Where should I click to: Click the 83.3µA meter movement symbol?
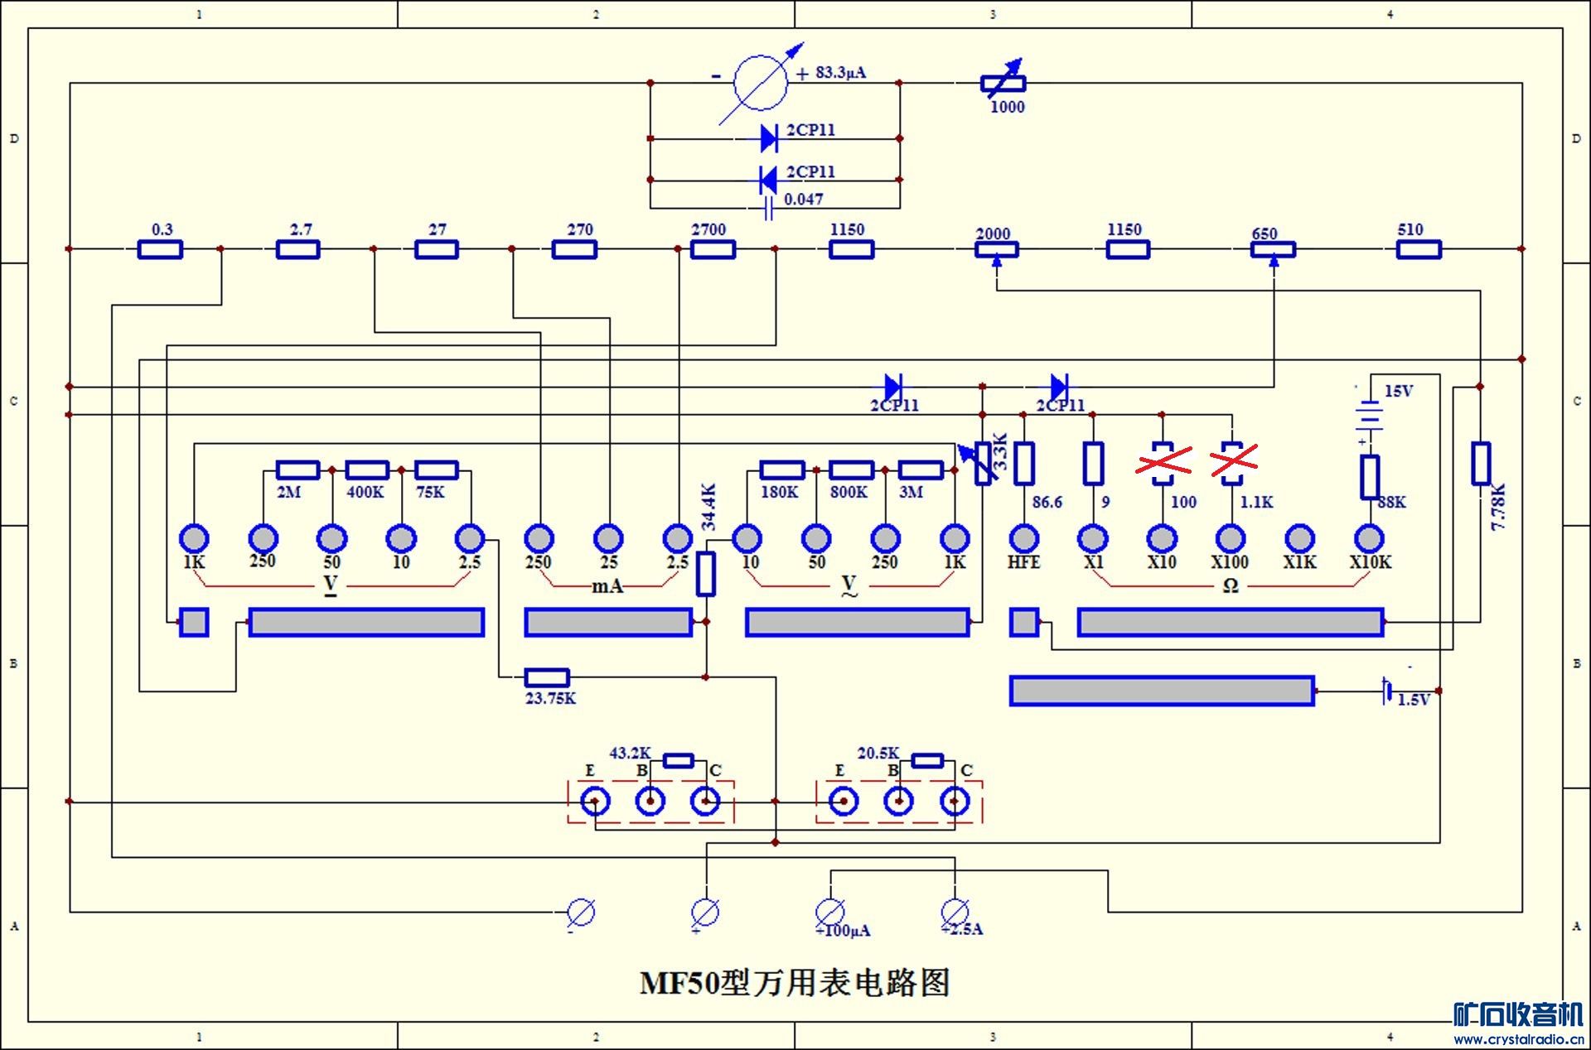click(x=761, y=83)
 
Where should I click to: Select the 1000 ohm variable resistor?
click(x=1003, y=83)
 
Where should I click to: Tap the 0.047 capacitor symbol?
click(x=768, y=208)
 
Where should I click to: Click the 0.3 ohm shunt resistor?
click(x=160, y=249)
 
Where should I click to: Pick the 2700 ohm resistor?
click(x=713, y=249)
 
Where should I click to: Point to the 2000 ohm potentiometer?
click(x=996, y=249)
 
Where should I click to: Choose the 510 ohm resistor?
click(x=1419, y=249)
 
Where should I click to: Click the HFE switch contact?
click(x=1024, y=538)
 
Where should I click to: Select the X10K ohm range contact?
click(x=1370, y=538)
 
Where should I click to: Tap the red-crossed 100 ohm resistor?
click(x=1163, y=464)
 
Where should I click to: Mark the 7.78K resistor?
click(x=1481, y=464)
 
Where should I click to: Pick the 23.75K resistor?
click(x=547, y=677)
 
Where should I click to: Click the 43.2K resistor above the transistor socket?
click(x=679, y=761)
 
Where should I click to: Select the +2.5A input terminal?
click(x=955, y=912)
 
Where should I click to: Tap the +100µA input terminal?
click(x=829, y=912)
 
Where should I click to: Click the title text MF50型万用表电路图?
click(x=795, y=983)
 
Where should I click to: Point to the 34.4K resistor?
click(x=705, y=574)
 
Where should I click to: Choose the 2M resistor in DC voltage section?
click(x=297, y=470)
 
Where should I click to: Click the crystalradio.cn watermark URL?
click(x=1518, y=1039)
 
